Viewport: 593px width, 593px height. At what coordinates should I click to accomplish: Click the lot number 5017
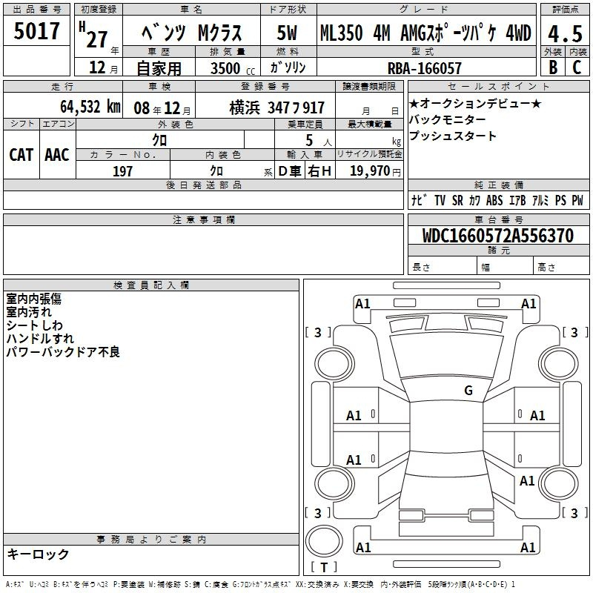tap(36, 30)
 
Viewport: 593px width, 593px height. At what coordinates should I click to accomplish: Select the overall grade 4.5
tap(565, 33)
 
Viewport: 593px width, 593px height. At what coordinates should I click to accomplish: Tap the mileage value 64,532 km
tap(90, 107)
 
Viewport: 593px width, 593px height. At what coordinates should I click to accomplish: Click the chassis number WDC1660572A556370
tap(498, 235)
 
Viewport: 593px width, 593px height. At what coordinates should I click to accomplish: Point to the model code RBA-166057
tap(425, 68)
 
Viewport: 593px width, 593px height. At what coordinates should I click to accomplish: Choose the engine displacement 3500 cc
tap(233, 68)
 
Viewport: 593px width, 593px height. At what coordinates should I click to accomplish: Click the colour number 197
tap(122, 171)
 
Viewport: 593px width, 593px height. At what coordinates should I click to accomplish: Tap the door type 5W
tap(287, 33)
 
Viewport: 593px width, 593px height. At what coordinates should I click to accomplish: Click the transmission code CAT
tap(21, 155)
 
